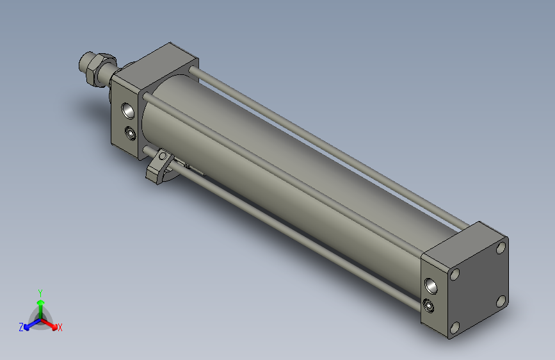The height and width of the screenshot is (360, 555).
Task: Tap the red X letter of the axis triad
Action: (x=60, y=328)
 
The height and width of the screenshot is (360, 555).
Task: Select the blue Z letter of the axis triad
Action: (x=20, y=327)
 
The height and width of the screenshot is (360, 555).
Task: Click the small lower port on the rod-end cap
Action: (x=131, y=134)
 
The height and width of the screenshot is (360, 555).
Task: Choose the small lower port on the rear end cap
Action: (x=428, y=305)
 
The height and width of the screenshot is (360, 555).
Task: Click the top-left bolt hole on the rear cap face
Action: (x=455, y=274)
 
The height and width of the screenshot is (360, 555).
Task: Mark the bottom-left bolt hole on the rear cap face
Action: (x=454, y=328)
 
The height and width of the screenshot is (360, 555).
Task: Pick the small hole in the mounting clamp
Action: (x=164, y=156)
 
